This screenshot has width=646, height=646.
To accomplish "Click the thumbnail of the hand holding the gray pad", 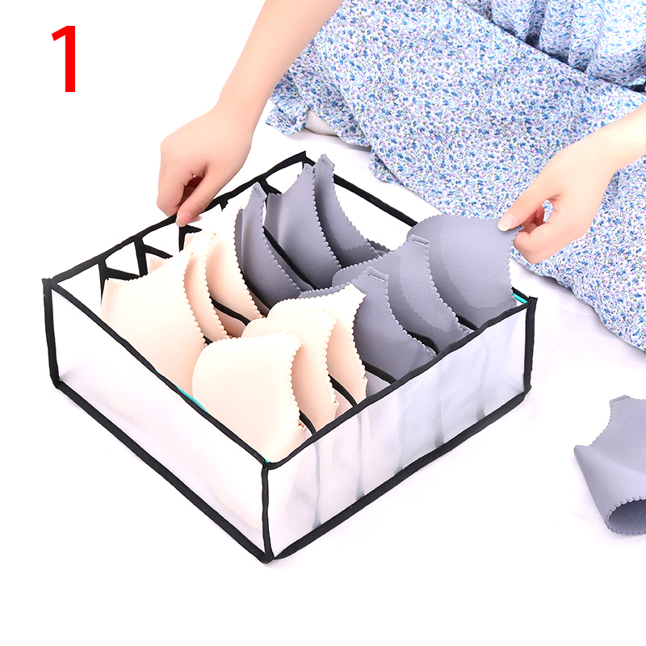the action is (x=508, y=223).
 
